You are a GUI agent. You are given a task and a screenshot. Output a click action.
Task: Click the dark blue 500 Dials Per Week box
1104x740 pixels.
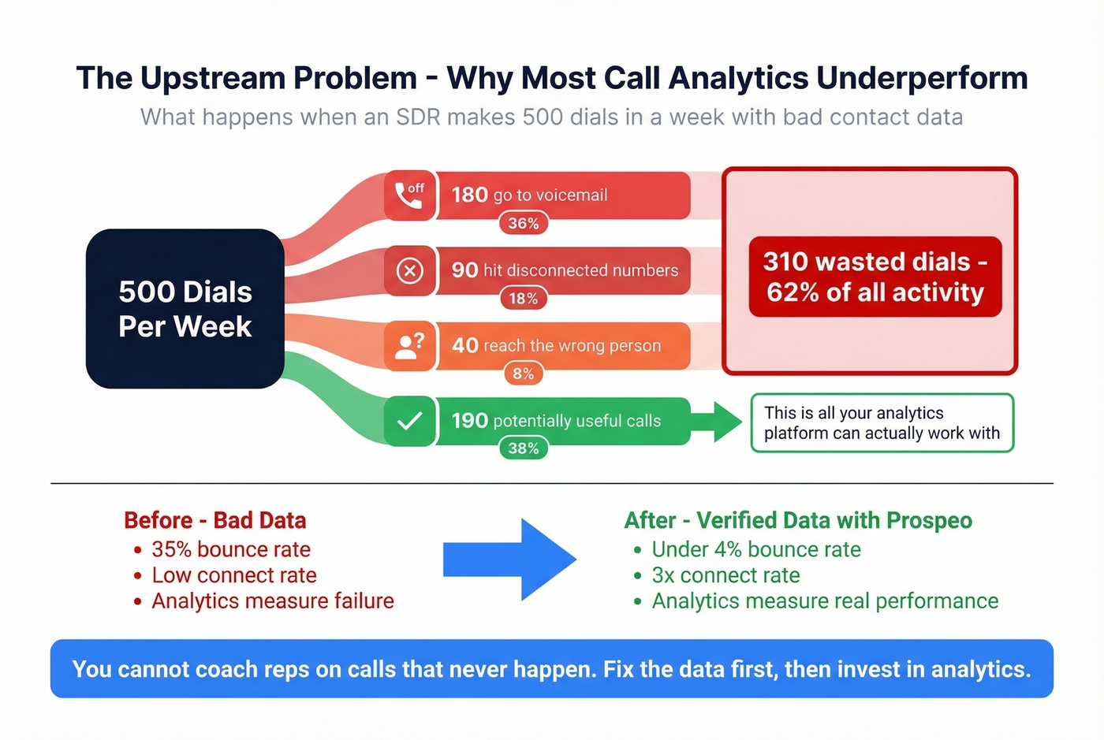click(185, 309)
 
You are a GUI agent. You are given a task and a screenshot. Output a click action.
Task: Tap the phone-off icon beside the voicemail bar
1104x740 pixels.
click(409, 195)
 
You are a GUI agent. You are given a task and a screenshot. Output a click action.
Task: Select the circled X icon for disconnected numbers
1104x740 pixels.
click(409, 271)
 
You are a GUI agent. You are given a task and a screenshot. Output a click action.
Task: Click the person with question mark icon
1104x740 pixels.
click(409, 346)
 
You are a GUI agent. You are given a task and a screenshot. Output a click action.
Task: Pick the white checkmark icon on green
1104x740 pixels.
click(409, 421)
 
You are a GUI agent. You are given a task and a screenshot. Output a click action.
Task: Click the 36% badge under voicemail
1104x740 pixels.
click(523, 223)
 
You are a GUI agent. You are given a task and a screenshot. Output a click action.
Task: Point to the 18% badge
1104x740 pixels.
click(523, 299)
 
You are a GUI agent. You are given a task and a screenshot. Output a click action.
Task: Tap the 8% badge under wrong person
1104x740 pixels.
click(523, 374)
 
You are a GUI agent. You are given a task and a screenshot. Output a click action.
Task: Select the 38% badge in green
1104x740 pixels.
click(523, 448)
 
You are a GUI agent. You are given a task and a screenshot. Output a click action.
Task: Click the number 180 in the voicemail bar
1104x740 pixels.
click(469, 195)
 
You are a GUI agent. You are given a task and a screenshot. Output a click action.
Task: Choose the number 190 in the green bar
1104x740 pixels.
click(469, 421)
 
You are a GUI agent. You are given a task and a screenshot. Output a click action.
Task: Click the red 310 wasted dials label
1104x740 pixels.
click(875, 277)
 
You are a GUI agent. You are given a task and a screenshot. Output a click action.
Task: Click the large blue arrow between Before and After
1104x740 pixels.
click(509, 560)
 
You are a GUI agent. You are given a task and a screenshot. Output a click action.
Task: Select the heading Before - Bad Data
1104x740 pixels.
click(214, 521)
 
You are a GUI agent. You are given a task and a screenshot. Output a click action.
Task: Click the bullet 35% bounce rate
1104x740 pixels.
click(230, 549)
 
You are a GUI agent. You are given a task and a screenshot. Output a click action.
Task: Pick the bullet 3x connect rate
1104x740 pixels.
click(725, 575)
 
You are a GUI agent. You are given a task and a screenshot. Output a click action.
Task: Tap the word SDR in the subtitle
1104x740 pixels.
click(418, 117)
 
